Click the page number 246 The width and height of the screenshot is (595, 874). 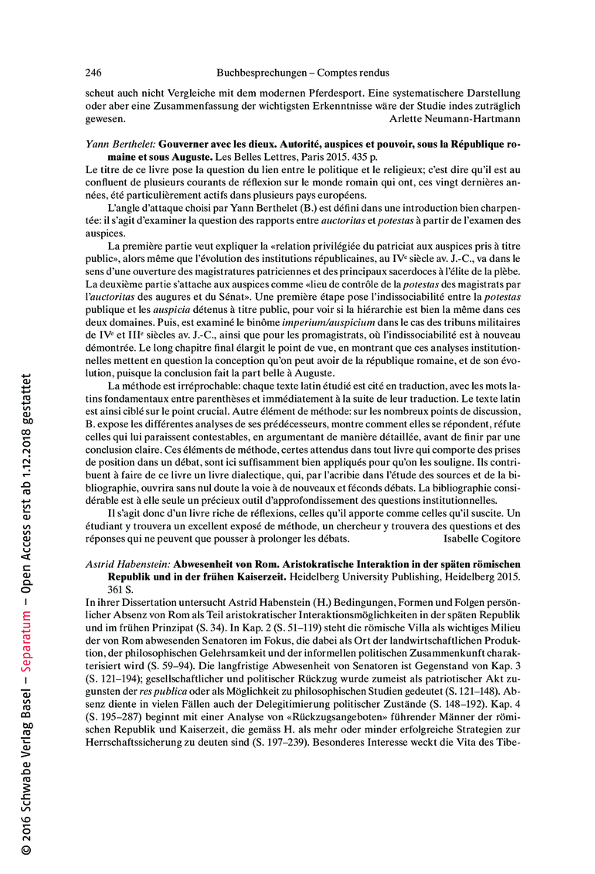pos(93,73)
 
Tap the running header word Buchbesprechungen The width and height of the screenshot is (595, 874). pos(260,73)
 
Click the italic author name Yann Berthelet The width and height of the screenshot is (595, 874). pos(119,145)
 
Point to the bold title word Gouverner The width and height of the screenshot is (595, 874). pos(186,145)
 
